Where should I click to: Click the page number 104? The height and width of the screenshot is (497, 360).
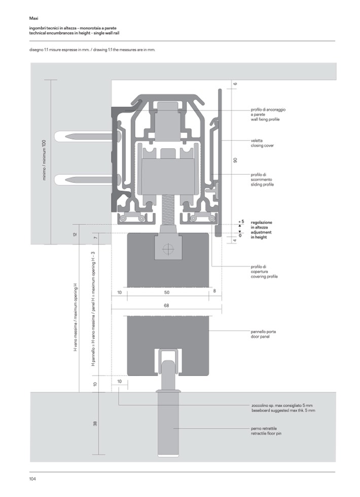32,478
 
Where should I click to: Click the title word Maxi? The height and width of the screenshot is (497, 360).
34,18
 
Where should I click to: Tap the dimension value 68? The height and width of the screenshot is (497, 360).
166,305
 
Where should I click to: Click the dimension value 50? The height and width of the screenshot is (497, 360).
167,292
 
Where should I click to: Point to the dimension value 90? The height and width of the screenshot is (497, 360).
235,160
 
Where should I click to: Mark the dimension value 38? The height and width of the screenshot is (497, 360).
95,424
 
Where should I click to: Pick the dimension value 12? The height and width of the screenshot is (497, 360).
75,235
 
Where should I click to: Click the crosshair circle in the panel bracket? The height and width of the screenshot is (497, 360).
167,249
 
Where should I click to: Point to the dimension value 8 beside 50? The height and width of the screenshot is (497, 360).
215,291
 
